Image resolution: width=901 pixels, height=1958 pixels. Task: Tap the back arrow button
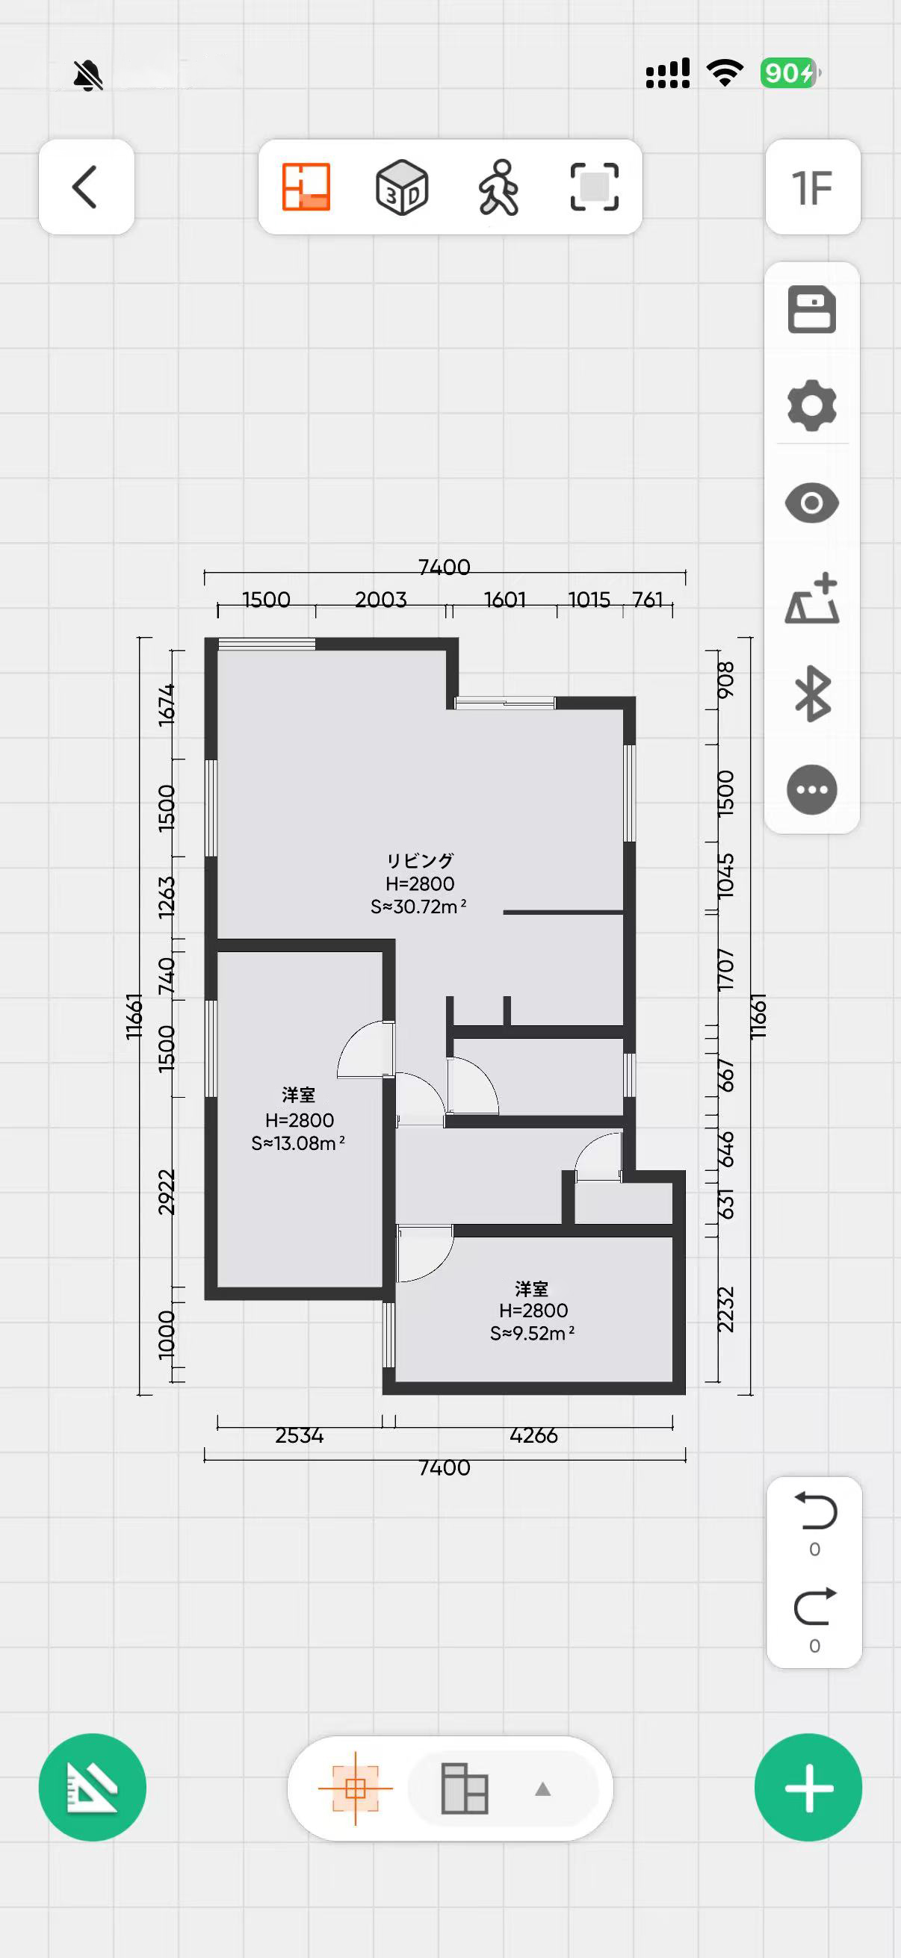(x=86, y=187)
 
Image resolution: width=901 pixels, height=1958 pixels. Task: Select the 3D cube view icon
(x=402, y=187)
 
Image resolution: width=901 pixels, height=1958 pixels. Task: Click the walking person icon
(x=499, y=187)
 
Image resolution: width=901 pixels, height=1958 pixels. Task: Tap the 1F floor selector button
(x=812, y=187)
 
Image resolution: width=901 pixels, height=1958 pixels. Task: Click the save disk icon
(x=811, y=309)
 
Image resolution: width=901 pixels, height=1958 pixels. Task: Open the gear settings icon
(x=811, y=405)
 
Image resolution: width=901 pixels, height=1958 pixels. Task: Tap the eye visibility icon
(x=811, y=503)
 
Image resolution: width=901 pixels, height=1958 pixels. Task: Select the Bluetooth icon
(x=811, y=693)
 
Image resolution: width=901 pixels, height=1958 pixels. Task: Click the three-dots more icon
(x=811, y=790)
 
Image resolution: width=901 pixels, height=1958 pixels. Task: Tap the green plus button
(x=808, y=1787)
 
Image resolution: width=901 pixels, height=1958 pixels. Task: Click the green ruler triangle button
(x=92, y=1787)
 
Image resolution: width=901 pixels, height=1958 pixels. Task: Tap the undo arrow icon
(x=815, y=1511)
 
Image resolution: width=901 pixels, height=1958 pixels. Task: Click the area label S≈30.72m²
(x=418, y=907)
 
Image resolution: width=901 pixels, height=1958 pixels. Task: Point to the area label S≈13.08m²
(x=298, y=1143)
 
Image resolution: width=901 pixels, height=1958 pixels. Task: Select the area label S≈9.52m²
(x=532, y=1333)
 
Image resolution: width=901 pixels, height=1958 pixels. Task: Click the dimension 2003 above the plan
(x=380, y=600)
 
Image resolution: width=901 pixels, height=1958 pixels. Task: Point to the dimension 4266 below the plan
(x=533, y=1435)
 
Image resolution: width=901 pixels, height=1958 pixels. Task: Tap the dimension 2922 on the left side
(x=167, y=1193)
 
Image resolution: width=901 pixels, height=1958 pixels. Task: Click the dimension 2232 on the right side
(x=726, y=1310)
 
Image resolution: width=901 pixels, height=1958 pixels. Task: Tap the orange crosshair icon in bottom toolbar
(x=355, y=1788)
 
